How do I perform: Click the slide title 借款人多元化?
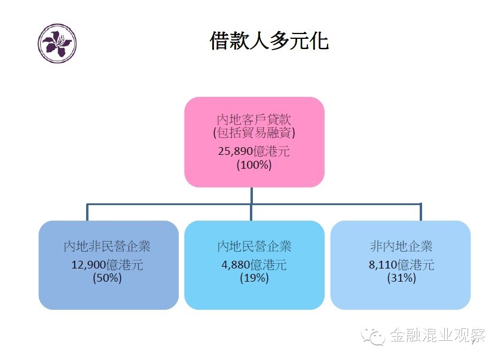pyautogui.click(x=269, y=41)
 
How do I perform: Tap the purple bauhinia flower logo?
pyautogui.click(x=57, y=44)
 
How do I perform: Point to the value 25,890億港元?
pyautogui.click(x=254, y=151)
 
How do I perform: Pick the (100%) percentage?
pyautogui.click(x=254, y=164)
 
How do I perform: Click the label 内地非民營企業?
pyautogui.click(x=107, y=246)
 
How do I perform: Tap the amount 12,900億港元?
pyautogui.click(x=107, y=264)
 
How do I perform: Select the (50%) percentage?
pyautogui.click(x=107, y=278)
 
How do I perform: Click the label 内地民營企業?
pyautogui.click(x=254, y=246)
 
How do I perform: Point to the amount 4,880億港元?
pyautogui.click(x=254, y=264)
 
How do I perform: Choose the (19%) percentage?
pyautogui.click(x=254, y=278)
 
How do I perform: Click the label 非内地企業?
pyautogui.click(x=401, y=246)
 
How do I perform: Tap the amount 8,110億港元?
pyautogui.click(x=401, y=264)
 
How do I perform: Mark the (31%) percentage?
pyautogui.click(x=401, y=278)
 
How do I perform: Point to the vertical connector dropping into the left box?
pyautogui.click(x=88, y=213)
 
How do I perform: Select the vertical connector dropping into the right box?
pyautogui.click(x=420, y=213)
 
